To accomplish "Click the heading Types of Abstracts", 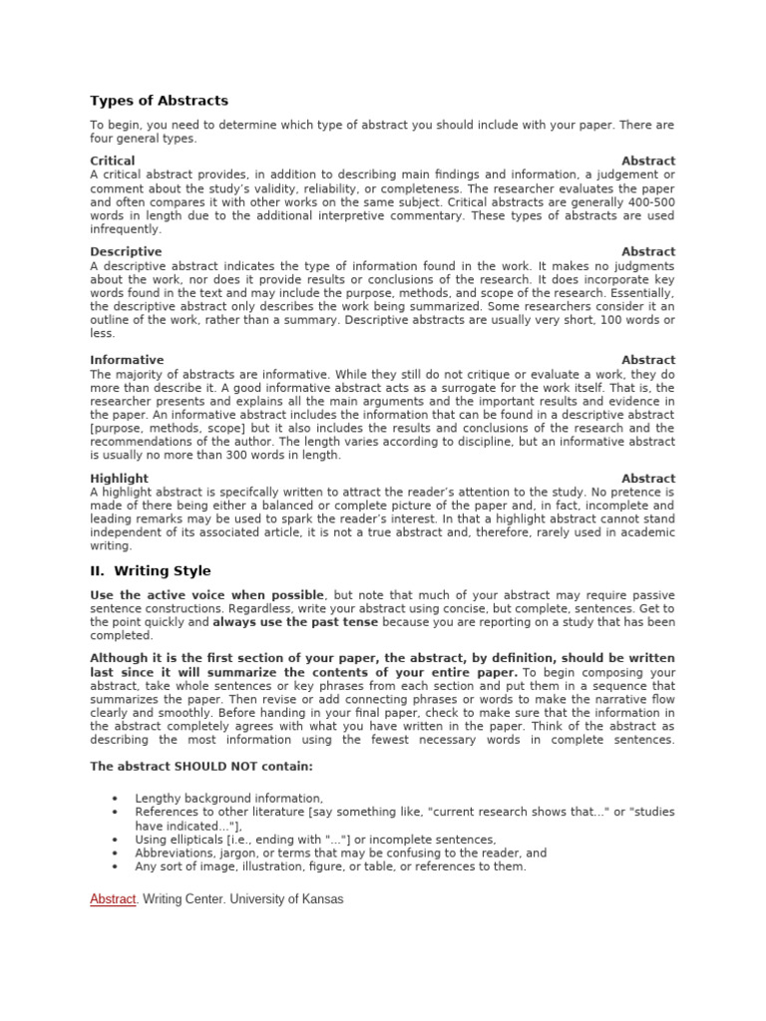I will point(159,101).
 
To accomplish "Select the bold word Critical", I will point(113,161).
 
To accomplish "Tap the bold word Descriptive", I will point(126,252).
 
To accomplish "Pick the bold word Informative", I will point(127,360).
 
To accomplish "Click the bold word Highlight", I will point(119,479).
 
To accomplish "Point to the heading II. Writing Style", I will point(151,571).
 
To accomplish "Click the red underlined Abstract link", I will point(113,899).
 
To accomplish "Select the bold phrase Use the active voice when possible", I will point(207,594).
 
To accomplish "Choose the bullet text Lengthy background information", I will point(228,799).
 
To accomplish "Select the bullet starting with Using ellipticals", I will point(315,840).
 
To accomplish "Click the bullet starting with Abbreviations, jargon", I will point(340,853).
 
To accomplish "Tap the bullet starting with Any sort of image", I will point(330,867).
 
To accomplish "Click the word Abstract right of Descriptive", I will point(648,252).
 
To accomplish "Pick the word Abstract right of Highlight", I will point(648,479).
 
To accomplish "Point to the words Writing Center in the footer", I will point(183,899).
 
